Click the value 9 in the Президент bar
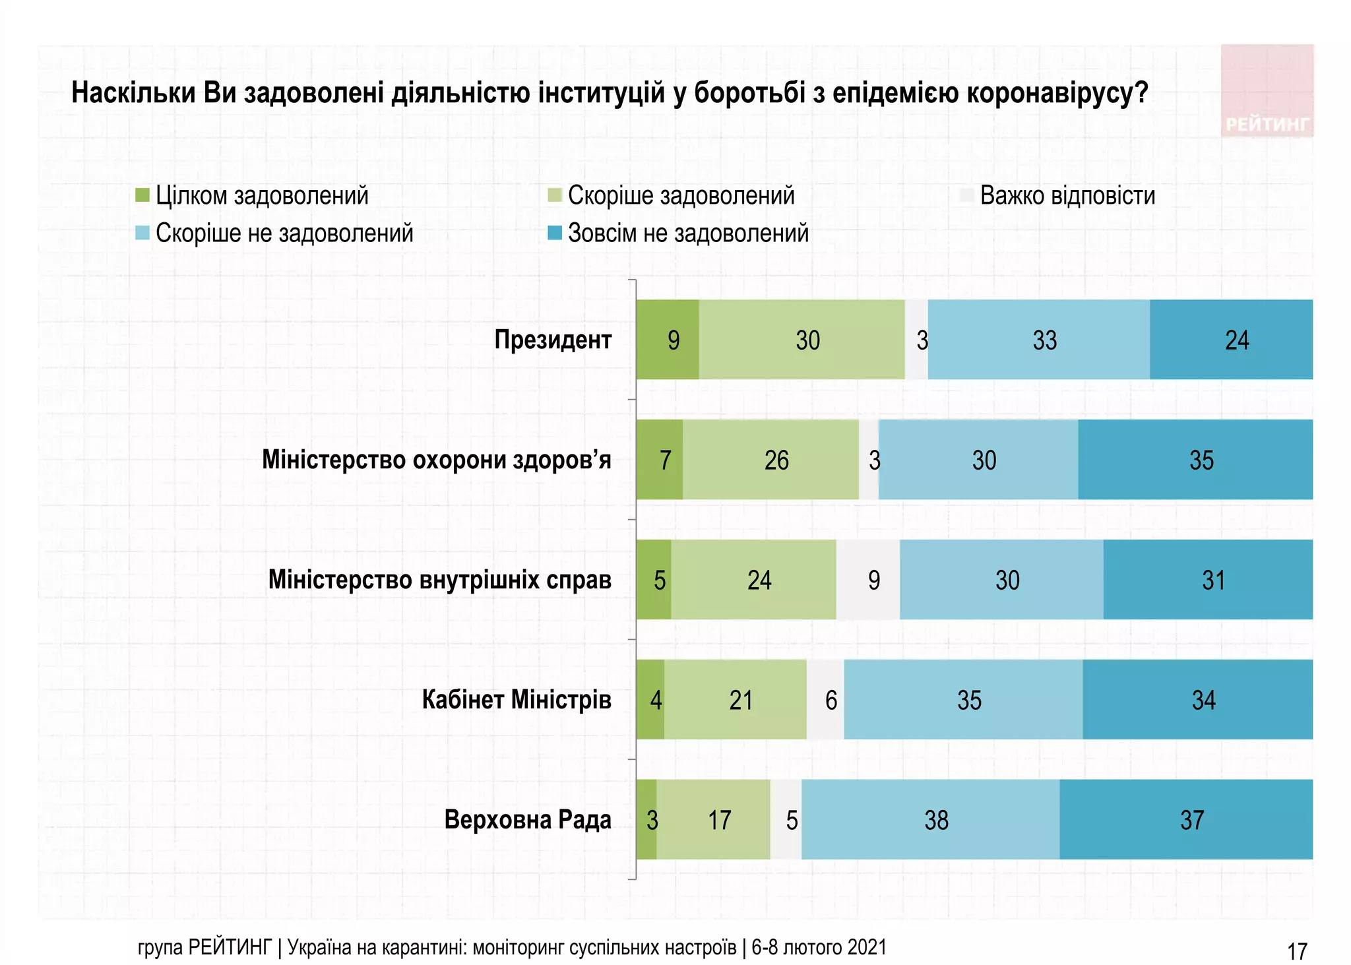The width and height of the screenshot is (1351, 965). tap(673, 340)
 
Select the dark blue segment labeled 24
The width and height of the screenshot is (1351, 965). tap(1231, 340)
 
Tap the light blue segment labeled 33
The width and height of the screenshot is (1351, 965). tap(1039, 340)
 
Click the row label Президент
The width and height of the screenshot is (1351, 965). tap(553, 340)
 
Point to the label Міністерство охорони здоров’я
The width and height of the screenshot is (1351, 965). tap(437, 460)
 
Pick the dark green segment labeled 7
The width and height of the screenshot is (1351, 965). tap(660, 460)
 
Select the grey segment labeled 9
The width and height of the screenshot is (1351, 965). tap(869, 580)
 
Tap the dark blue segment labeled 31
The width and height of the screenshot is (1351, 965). tap(1209, 580)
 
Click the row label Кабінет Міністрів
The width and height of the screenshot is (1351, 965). tap(517, 700)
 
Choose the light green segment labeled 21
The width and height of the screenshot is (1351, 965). tap(736, 700)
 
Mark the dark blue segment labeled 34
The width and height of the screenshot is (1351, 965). tap(1198, 700)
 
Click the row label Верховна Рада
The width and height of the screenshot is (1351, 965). tap(528, 820)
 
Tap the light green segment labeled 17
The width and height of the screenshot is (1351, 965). tap(714, 820)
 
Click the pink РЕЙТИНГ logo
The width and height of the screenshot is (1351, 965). tap(1267, 91)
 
